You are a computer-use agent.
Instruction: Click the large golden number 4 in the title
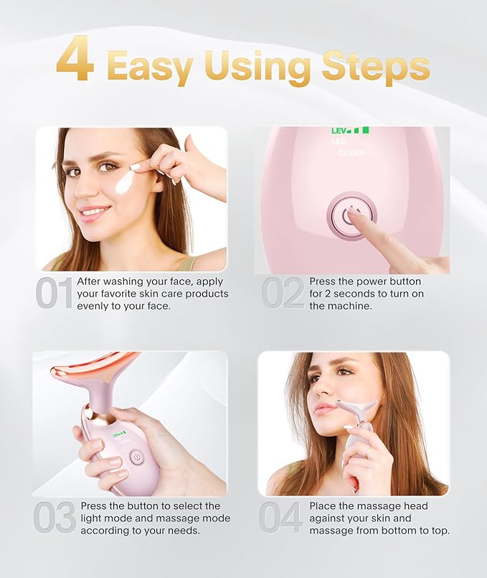75,60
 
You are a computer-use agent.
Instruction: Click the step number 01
54,294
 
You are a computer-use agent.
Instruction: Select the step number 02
283,294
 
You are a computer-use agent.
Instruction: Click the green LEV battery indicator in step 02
350,131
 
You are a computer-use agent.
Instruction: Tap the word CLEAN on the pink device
351,153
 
